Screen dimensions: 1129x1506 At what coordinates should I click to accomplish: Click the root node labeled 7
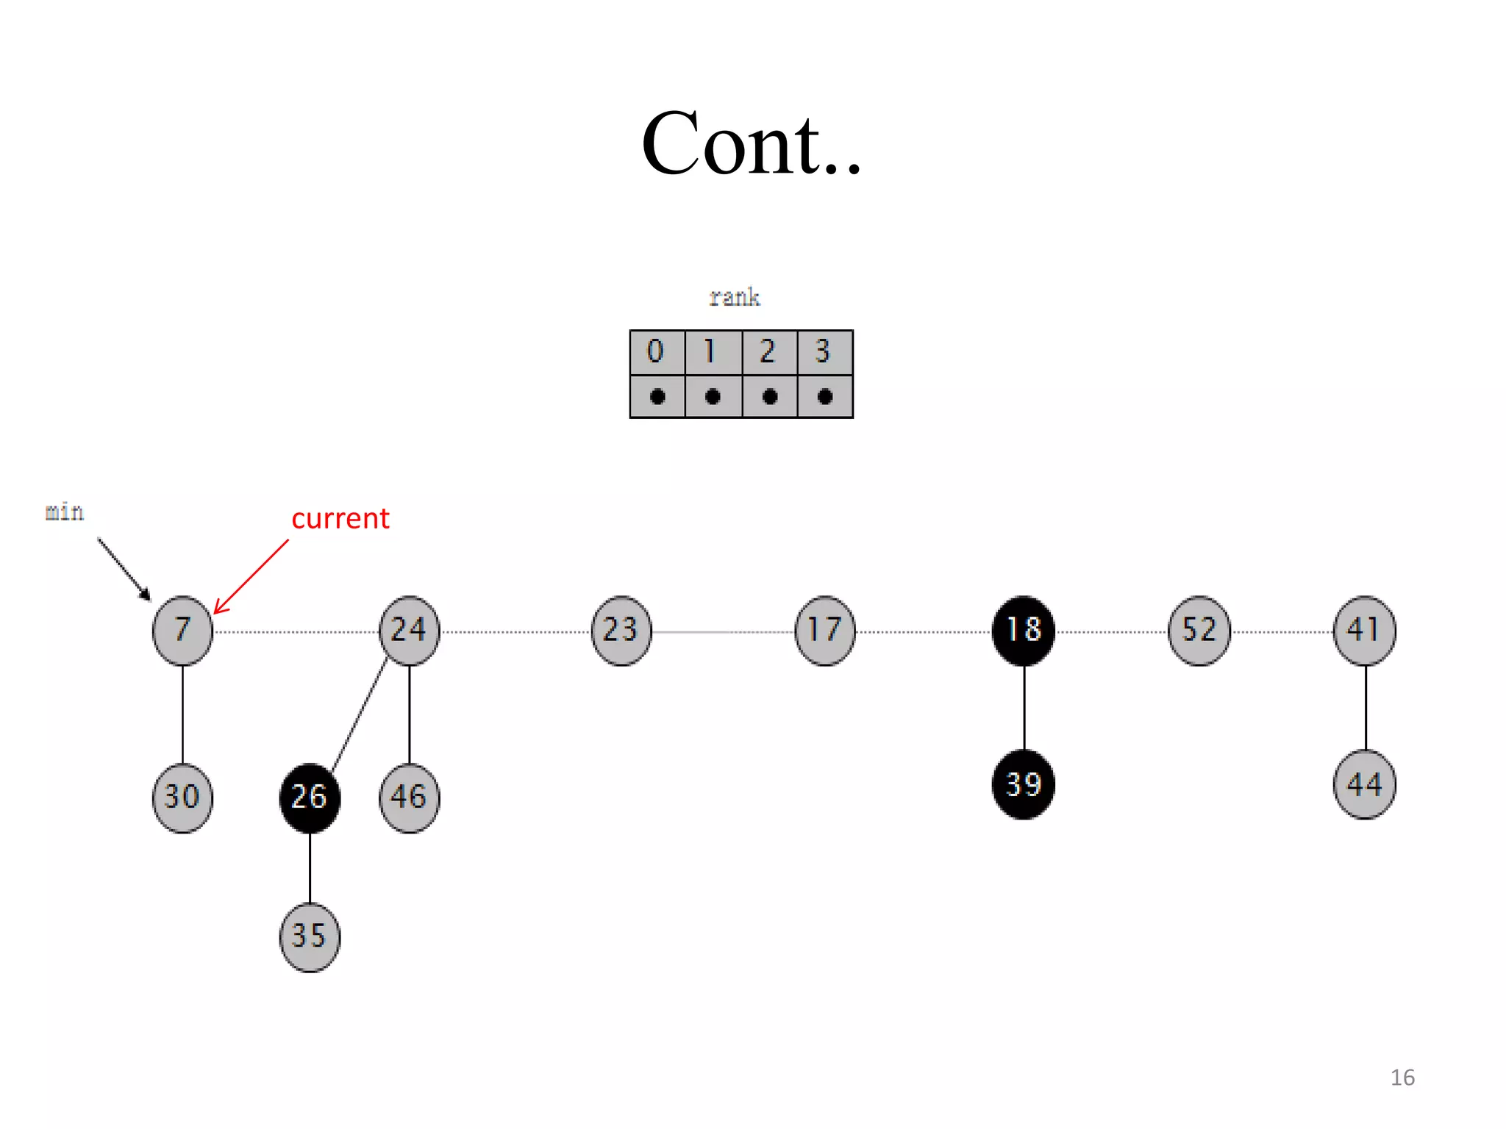click(182, 630)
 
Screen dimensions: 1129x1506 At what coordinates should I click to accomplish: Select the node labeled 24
click(409, 630)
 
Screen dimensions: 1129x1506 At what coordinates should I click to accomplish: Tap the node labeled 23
click(621, 630)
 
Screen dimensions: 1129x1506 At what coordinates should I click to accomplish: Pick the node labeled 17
click(824, 630)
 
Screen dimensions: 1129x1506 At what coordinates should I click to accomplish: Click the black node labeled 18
click(1023, 630)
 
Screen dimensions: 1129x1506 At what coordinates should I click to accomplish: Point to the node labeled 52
click(1199, 630)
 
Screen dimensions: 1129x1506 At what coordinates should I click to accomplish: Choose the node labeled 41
click(1364, 630)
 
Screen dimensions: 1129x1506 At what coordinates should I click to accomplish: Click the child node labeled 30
click(182, 798)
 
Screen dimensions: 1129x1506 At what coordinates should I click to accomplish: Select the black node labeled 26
click(310, 798)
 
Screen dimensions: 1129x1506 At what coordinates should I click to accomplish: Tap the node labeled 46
click(409, 798)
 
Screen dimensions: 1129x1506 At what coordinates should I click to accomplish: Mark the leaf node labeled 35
click(310, 936)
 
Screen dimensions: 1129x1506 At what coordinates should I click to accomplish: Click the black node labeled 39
click(1023, 784)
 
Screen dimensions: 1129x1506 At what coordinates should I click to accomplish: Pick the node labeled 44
click(1364, 784)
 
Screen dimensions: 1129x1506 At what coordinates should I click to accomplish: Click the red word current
click(340, 519)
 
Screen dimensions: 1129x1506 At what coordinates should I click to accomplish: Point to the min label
click(65, 512)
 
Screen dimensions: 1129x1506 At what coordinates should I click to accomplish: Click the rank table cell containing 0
click(657, 352)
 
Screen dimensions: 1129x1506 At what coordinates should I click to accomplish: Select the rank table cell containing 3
click(824, 352)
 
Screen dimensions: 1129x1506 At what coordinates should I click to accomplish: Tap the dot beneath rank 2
click(769, 397)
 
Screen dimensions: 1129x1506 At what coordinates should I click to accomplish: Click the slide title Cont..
click(750, 144)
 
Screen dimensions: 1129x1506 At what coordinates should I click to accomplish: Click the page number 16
click(1402, 1078)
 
